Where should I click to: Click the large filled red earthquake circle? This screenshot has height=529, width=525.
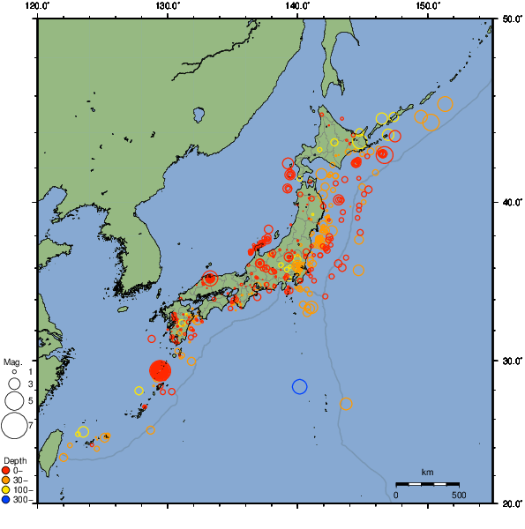tap(160, 370)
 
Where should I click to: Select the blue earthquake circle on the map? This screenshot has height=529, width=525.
tap(299, 386)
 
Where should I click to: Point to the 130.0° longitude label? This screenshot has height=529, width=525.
tap(168, 6)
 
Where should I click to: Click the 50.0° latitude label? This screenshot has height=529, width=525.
tap(510, 19)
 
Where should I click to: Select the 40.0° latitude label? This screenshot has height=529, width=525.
tap(510, 203)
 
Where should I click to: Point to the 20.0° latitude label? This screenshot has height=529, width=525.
tap(510, 503)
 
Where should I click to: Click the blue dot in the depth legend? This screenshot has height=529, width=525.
tap(7, 500)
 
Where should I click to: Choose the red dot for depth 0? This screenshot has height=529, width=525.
tap(7, 470)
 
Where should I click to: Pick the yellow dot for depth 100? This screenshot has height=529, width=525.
tap(7, 490)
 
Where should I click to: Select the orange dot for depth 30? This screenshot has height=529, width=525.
tap(7, 480)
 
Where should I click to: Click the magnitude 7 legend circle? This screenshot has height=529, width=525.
tap(13, 426)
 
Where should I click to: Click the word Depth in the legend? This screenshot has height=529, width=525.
tap(14, 461)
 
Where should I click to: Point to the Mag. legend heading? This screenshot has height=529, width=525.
tap(12, 361)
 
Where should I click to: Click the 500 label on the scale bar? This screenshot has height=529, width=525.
tap(459, 495)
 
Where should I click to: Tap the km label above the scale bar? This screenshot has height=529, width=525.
tap(427, 473)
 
